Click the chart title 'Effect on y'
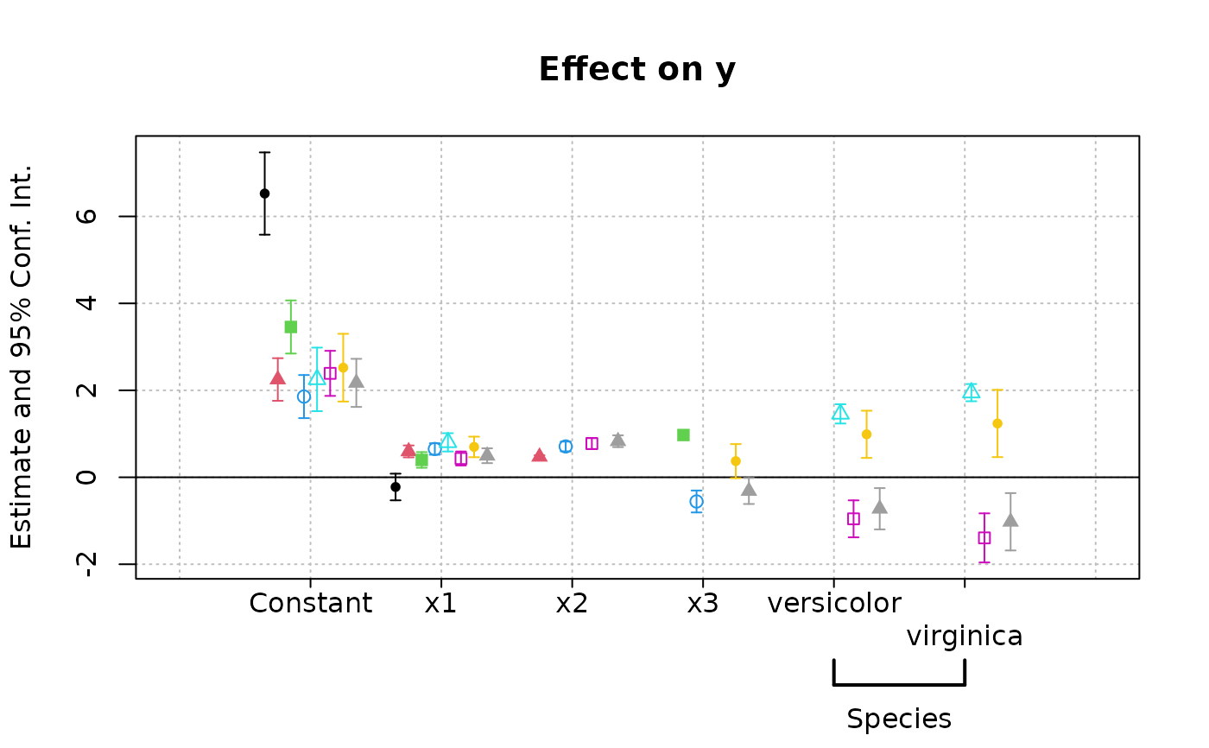(636, 70)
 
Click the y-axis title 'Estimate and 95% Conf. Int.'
(22, 356)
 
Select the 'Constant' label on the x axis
(310, 603)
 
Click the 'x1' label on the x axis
(440, 603)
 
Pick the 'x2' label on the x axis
(571, 603)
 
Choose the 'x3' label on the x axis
(702, 603)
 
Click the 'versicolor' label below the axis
(834, 603)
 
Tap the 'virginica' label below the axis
(965, 637)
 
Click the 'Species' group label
(899, 719)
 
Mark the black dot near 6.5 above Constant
(264, 193)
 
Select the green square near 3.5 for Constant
(291, 326)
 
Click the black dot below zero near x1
(396, 486)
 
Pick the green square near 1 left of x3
(683, 434)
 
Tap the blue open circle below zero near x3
(696, 501)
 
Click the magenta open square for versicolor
(853, 518)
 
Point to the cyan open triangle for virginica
(972, 391)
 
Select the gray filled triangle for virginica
(1010, 520)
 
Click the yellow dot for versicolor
(866, 434)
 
